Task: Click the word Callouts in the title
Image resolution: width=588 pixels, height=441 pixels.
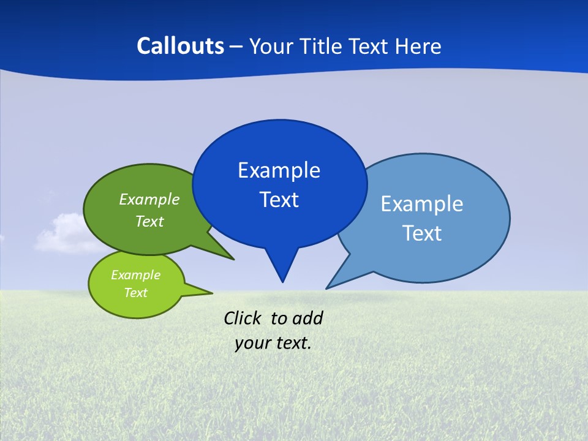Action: [x=180, y=46]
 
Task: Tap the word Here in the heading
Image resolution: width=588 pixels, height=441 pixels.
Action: [x=418, y=46]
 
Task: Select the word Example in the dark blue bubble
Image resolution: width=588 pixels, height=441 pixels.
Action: [x=279, y=170]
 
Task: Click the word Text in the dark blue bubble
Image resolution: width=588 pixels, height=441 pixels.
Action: [x=279, y=200]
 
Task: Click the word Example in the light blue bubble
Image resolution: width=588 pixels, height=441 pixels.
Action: [x=421, y=203]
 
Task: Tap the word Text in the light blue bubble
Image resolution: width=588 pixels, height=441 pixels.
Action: [x=421, y=233]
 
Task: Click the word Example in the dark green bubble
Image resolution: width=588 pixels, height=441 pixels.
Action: [x=149, y=199]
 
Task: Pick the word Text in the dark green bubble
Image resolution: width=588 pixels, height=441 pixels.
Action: [x=149, y=221]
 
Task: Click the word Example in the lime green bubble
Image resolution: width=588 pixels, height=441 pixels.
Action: [x=135, y=275]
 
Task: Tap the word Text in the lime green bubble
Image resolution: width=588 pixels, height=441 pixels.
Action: [x=135, y=293]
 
